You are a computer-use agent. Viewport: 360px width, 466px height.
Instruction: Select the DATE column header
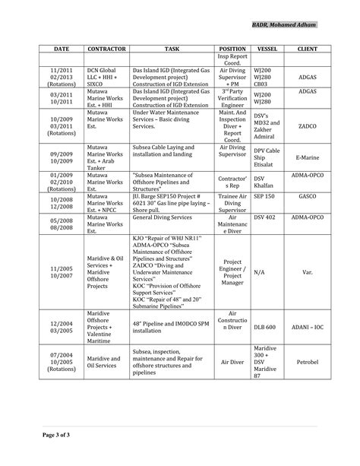pyautogui.click(x=62, y=48)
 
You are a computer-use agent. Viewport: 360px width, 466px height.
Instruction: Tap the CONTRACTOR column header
pyautogui.click(x=105, y=48)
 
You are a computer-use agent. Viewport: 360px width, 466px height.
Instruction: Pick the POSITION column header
pyautogui.click(x=232, y=48)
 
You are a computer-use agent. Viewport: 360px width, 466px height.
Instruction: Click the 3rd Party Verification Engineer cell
pyautogui.click(x=232, y=97)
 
